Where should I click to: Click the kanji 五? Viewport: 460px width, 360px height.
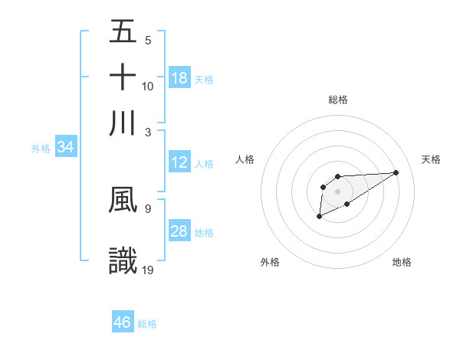click(123, 32)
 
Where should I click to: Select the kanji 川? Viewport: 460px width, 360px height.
click(123, 123)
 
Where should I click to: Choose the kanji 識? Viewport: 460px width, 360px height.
click(123, 260)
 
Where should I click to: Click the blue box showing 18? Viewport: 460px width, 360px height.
click(179, 78)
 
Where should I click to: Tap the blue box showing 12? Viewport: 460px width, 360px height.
click(179, 162)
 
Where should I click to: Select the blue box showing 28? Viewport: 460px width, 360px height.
click(179, 231)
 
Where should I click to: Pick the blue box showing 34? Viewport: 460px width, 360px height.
click(65, 147)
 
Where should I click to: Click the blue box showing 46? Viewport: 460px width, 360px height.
click(123, 322)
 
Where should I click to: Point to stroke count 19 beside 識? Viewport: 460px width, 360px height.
click(149, 269)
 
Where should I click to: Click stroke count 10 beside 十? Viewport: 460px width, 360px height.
click(148, 86)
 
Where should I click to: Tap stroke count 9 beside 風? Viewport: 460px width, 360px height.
click(148, 208)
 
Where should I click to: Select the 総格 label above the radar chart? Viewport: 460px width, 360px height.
click(338, 100)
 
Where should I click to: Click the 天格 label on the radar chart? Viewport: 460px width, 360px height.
click(431, 159)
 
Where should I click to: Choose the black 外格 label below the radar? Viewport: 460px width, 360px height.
click(270, 262)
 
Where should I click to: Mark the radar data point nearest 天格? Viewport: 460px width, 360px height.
click(396, 172)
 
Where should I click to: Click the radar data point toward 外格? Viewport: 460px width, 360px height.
click(319, 218)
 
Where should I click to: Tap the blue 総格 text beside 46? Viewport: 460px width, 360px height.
click(147, 324)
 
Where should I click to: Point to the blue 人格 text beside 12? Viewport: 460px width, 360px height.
click(204, 163)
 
